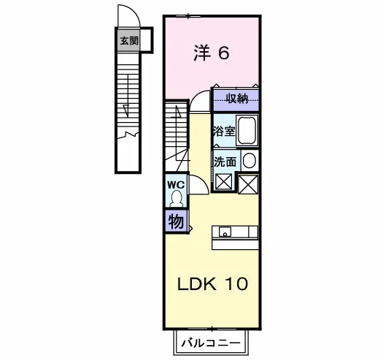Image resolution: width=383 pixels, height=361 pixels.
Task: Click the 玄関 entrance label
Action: pyautogui.click(x=129, y=41)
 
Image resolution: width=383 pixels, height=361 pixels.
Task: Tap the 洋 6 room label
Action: pyautogui.click(x=212, y=53)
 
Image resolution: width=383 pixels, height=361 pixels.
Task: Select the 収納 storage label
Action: pyautogui.click(x=236, y=99)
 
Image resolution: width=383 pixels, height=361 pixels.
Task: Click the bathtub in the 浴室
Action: pyautogui.click(x=247, y=131)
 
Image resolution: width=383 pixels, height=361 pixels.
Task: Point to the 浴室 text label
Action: pyautogui.click(x=224, y=132)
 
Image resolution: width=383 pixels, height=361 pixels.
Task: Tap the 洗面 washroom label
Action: pyautogui.click(x=225, y=161)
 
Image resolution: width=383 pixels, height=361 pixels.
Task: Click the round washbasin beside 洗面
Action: pyautogui.click(x=249, y=161)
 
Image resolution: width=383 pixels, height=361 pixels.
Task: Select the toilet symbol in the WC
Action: pyautogui.click(x=177, y=199)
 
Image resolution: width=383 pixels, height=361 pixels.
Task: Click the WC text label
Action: pyautogui.click(x=176, y=185)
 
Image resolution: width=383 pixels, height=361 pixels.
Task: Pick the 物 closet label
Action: pyautogui.click(x=176, y=221)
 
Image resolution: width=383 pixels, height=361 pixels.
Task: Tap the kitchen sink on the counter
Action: pyautogui.click(x=225, y=232)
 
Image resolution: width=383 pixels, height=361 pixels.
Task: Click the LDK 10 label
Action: pyautogui.click(x=212, y=284)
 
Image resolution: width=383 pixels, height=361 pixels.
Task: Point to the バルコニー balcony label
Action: pyautogui.click(x=211, y=343)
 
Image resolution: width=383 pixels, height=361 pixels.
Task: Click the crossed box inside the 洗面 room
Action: pyautogui.click(x=223, y=182)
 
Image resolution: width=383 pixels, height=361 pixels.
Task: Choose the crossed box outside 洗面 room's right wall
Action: pyautogui.click(x=248, y=184)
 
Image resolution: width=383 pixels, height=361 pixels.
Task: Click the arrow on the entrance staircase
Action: pyautogui.click(x=126, y=110)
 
